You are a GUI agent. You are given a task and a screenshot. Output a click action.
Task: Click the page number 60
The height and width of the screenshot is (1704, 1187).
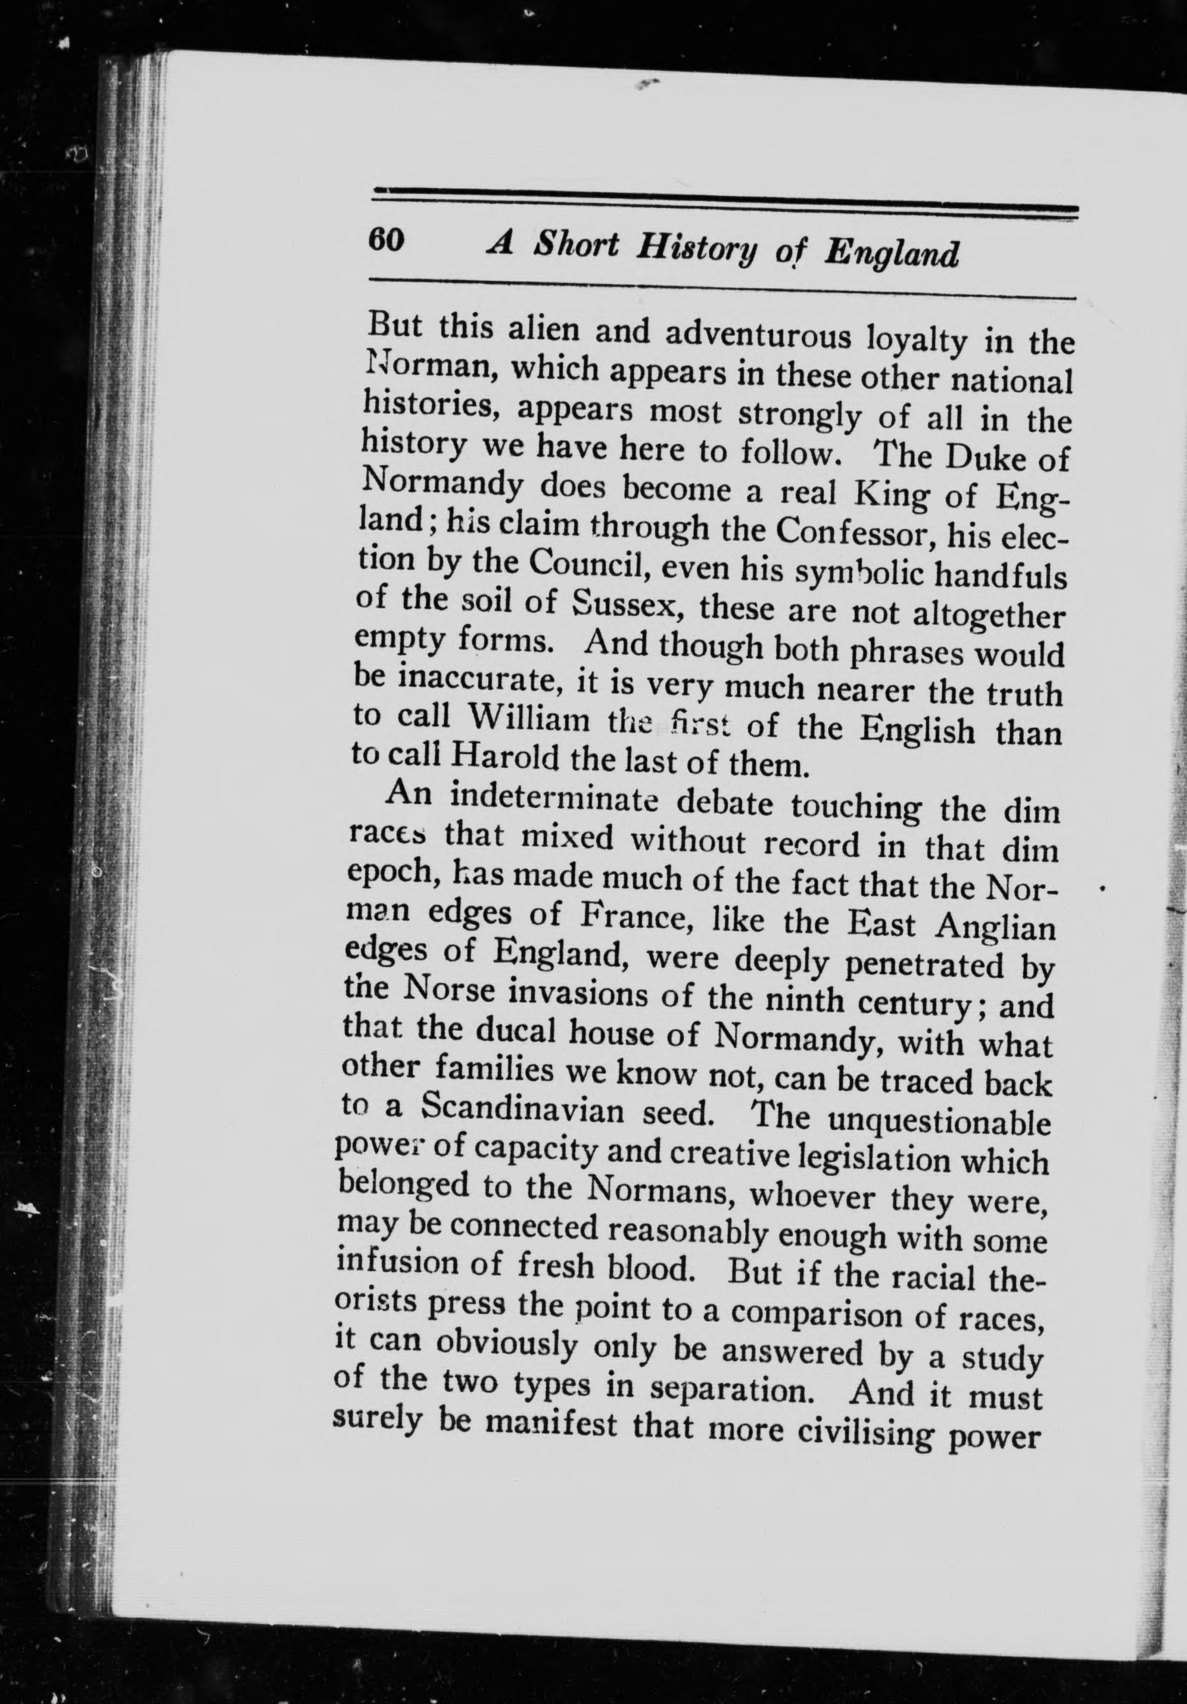(385, 241)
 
